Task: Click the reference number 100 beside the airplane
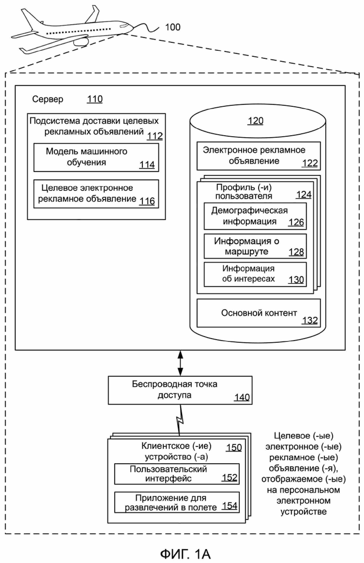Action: click(x=173, y=27)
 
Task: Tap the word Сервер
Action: click(x=48, y=99)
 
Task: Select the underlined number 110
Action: click(x=95, y=99)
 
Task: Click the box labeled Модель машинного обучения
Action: click(x=96, y=158)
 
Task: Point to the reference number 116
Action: click(x=147, y=201)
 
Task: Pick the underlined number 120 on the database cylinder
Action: click(x=256, y=121)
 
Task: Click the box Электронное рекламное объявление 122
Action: click(x=259, y=156)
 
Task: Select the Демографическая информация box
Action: click(x=255, y=216)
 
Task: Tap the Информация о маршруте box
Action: click(x=255, y=246)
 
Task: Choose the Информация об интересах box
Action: click(x=255, y=274)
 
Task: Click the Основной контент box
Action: click(x=259, y=313)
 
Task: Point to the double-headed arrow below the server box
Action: click(x=180, y=363)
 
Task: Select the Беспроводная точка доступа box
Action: click(x=180, y=390)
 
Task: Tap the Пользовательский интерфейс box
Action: click(x=177, y=474)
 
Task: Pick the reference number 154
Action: click(x=230, y=506)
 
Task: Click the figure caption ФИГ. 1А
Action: click(x=185, y=554)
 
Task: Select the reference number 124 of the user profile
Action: click(x=304, y=195)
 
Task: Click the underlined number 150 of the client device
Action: click(x=234, y=448)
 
